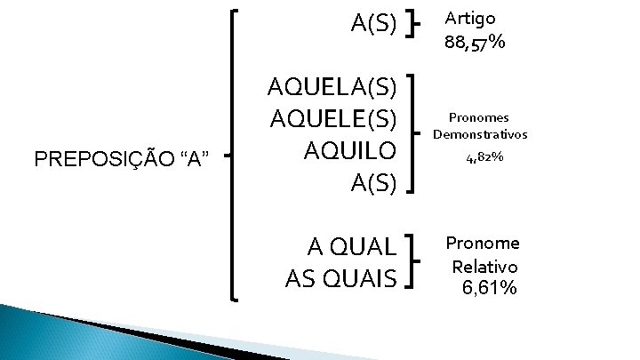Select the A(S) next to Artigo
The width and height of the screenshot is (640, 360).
(372, 22)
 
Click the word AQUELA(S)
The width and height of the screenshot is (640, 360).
(332, 87)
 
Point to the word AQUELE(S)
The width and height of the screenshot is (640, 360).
(332, 119)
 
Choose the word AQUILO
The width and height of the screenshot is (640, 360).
(349, 151)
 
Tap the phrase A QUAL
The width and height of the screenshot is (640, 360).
(351, 247)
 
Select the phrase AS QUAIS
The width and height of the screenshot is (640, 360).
(340, 278)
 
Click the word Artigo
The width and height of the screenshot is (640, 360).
(470, 18)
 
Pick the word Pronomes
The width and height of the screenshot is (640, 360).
(479, 116)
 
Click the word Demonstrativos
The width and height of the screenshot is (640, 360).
(480, 134)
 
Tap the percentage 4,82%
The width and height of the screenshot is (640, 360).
(484, 158)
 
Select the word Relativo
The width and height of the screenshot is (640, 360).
(484, 266)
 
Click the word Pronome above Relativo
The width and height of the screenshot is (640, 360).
(483, 244)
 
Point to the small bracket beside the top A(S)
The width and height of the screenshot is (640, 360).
(412, 24)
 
